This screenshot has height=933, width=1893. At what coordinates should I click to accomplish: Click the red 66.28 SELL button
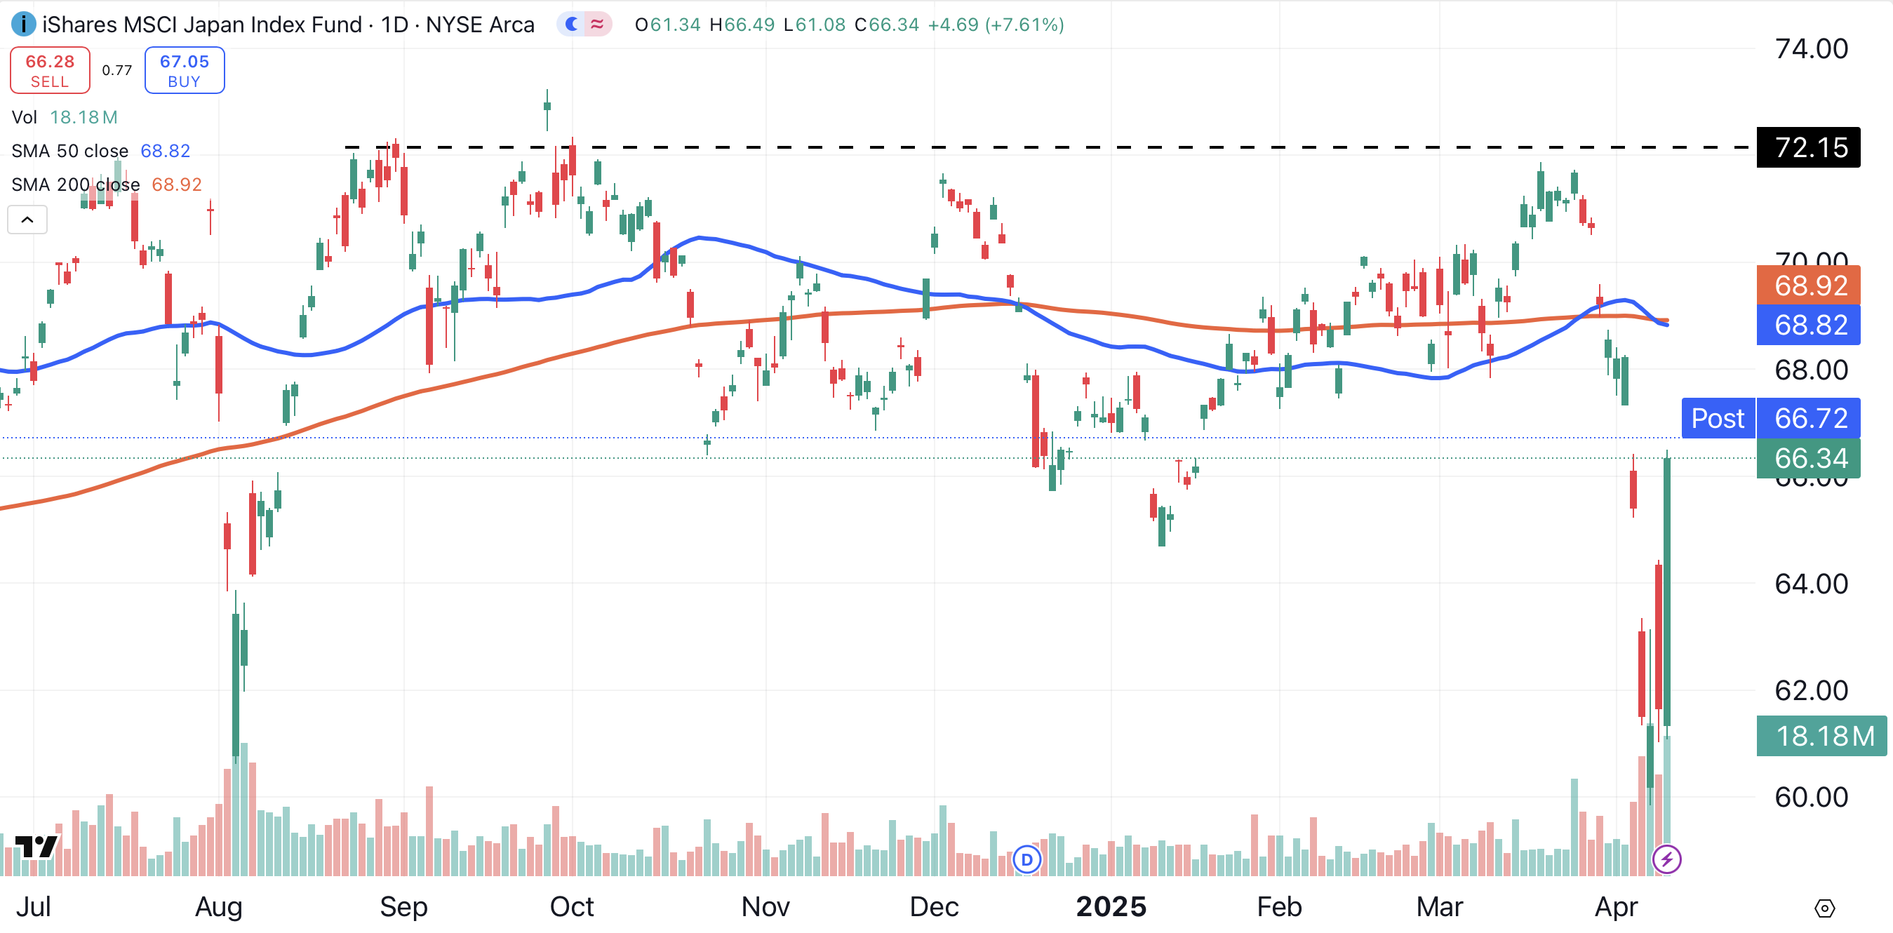50,71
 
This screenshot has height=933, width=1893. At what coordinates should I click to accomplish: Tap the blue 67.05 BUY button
185,71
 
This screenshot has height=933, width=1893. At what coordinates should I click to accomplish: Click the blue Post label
1718,418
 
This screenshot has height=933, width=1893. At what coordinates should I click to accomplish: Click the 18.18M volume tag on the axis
1821,735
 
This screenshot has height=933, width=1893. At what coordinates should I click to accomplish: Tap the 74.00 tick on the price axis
1811,49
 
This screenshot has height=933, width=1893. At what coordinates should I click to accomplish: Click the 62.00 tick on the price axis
1811,690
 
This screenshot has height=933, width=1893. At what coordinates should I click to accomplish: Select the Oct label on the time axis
572,906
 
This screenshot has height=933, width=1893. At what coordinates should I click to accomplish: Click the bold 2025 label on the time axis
1111,906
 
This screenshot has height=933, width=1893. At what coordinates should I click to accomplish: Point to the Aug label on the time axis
218,906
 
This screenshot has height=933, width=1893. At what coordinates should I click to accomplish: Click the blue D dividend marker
1026,859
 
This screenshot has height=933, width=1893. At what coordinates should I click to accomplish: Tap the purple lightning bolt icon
1666,859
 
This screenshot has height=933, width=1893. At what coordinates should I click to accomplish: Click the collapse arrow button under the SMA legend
27,220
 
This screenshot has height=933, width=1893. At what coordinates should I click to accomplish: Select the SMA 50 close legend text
69,152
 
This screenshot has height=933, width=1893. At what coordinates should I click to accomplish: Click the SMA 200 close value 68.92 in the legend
176,184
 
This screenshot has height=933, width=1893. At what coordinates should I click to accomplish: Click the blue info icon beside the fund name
24,25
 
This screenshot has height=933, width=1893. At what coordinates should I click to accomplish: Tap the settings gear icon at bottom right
1824,908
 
